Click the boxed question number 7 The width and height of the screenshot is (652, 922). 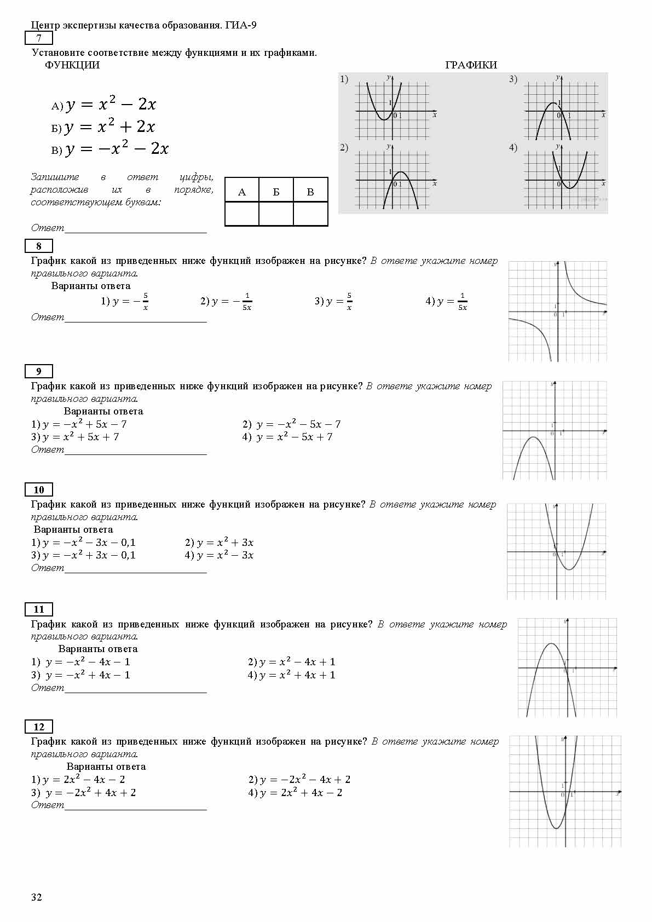[x=39, y=38]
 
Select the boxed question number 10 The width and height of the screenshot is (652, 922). [x=39, y=489]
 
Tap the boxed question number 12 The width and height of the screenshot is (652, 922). [x=39, y=727]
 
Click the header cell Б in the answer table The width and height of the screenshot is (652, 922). [x=276, y=192]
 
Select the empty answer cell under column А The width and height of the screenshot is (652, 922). [x=242, y=214]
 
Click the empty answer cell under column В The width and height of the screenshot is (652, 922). [x=310, y=214]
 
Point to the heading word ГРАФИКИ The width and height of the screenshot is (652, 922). [x=471, y=65]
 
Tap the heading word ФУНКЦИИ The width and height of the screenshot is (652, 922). [x=72, y=65]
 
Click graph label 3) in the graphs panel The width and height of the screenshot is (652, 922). [x=513, y=79]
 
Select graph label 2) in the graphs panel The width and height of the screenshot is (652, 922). [x=344, y=147]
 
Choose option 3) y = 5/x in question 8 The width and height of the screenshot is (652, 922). [x=333, y=301]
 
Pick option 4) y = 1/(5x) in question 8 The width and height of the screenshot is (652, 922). [x=447, y=301]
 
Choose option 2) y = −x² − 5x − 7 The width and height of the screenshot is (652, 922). [x=292, y=424]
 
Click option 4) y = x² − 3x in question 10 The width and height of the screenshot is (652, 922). [x=219, y=555]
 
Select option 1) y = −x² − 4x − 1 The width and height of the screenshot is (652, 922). [x=81, y=661]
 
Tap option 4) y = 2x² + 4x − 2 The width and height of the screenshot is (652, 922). [x=295, y=792]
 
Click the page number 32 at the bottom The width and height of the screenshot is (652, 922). [x=36, y=897]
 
